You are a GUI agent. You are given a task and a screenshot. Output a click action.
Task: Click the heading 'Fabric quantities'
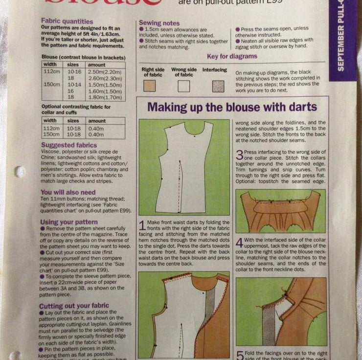(67, 22)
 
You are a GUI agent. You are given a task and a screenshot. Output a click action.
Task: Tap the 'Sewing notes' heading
(159, 23)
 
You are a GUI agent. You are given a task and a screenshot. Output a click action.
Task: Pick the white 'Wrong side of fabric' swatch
(183, 86)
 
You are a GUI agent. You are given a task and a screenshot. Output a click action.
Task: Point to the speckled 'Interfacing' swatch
(218, 86)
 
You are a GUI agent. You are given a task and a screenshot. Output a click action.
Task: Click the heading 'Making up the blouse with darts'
(232, 107)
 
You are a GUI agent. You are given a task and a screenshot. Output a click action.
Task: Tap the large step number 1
(142, 226)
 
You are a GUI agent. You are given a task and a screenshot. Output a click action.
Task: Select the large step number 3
(240, 156)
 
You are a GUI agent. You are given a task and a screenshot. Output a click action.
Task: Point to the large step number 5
(240, 355)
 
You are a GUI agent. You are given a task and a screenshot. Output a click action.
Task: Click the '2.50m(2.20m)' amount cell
(105, 71)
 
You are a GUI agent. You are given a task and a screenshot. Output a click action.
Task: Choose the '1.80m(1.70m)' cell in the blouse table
(105, 97)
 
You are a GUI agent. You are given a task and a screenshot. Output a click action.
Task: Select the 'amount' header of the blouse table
(97, 65)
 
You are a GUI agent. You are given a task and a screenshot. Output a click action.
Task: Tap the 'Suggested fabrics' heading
(69, 145)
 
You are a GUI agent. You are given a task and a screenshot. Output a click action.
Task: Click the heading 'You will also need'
(68, 192)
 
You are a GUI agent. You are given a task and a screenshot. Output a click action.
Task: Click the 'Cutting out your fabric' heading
(74, 306)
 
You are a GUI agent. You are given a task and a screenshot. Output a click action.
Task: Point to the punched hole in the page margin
(20, 172)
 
